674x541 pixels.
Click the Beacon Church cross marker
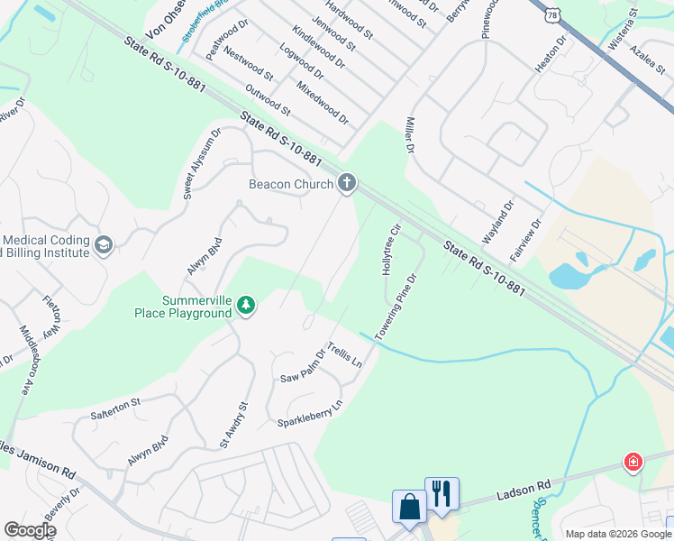pos(346,185)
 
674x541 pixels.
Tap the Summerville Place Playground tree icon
pos(245,307)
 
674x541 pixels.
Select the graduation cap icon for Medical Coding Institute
pos(104,245)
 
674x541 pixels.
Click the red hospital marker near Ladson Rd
pos(634,463)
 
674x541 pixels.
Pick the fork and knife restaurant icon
pos(442,492)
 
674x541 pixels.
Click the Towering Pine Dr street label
pos(397,306)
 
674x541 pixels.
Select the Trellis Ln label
pos(343,354)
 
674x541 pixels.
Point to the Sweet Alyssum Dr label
pos(201,163)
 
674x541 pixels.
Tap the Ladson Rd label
pos(523,491)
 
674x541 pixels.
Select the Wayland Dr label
pos(496,223)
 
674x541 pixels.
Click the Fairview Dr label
pos(525,239)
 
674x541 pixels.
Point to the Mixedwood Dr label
pos(323,101)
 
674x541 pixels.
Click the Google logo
pos(30,530)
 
